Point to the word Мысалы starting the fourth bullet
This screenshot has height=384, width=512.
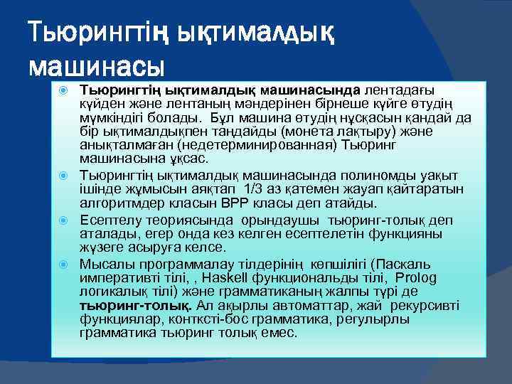[106, 265]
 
